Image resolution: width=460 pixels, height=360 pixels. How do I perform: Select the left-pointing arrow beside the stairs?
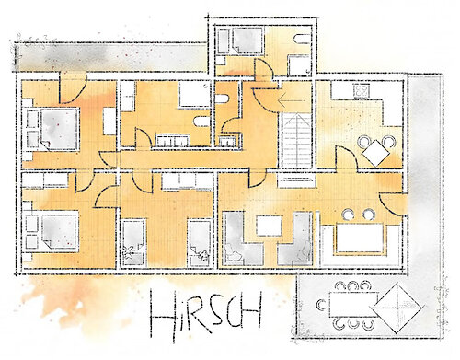[x=291, y=99]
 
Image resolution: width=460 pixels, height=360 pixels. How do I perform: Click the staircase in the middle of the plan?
[x=297, y=140]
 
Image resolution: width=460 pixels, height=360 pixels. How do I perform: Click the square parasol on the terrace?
[x=397, y=308]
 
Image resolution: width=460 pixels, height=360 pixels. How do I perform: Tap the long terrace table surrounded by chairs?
[x=353, y=305]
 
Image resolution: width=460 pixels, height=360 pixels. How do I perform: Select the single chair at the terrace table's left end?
[x=322, y=305]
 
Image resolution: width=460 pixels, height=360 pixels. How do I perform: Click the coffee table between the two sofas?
[x=270, y=226]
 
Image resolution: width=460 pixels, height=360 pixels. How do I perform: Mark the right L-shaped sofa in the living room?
[x=295, y=238]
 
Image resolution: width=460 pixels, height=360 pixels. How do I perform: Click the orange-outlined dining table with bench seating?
[x=360, y=238]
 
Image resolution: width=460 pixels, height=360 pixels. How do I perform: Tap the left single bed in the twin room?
[x=133, y=242]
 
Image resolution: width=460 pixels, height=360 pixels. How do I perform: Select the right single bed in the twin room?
[x=200, y=242]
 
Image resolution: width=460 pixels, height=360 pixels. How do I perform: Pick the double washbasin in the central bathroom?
[x=174, y=140]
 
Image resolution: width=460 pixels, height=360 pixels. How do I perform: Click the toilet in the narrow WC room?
[x=223, y=99]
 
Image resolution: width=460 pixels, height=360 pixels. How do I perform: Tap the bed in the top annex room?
[x=247, y=41]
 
